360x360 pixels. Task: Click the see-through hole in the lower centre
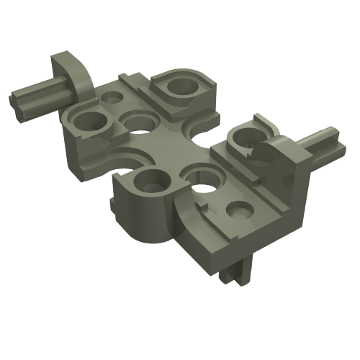coord(199,175)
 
